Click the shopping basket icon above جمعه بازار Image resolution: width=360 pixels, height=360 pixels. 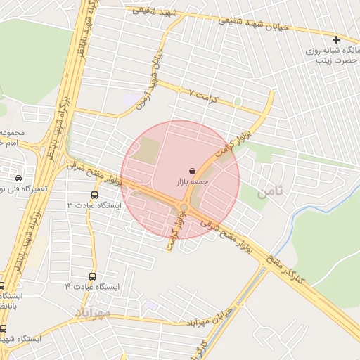(x=193, y=171)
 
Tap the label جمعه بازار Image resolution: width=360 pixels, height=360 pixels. (x=193, y=182)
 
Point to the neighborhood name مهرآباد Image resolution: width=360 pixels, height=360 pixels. (x=92, y=310)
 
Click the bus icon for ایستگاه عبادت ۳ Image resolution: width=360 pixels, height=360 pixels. (x=94, y=195)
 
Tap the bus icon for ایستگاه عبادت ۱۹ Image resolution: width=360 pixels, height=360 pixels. (x=92, y=276)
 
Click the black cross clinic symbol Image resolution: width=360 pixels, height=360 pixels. (x=336, y=39)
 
